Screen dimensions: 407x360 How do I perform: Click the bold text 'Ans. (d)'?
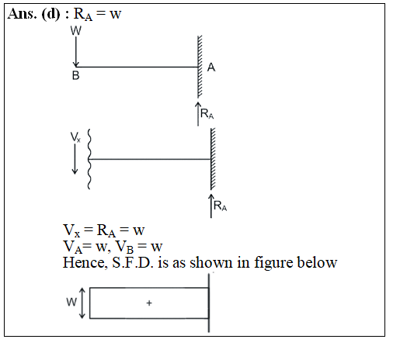point(34,13)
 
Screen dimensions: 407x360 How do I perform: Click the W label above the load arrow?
point(76,30)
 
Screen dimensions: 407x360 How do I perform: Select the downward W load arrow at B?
point(76,52)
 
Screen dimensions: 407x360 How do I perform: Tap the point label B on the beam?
point(75,75)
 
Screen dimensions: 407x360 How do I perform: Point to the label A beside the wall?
point(211,67)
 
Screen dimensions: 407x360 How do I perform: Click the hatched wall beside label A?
point(200,67)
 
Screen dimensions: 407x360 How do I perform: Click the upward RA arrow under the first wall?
point(198,114)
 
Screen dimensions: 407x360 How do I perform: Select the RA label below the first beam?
point(207,114)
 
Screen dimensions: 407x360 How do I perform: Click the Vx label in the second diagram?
point(75,137)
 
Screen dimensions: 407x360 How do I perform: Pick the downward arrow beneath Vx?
point(75,159)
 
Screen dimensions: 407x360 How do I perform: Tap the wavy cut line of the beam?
point(89,159)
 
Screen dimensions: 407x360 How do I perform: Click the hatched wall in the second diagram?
point(213,159)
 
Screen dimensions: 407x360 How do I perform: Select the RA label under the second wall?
point(220,206)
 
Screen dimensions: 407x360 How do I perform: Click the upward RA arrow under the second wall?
point(211,206)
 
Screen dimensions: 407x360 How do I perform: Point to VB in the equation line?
point(124,247)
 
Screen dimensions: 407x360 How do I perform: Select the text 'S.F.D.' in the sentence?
point(133,262)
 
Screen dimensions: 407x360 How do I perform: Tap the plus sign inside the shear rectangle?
point(149,303)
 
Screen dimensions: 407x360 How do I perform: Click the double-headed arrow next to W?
point(82,303)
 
